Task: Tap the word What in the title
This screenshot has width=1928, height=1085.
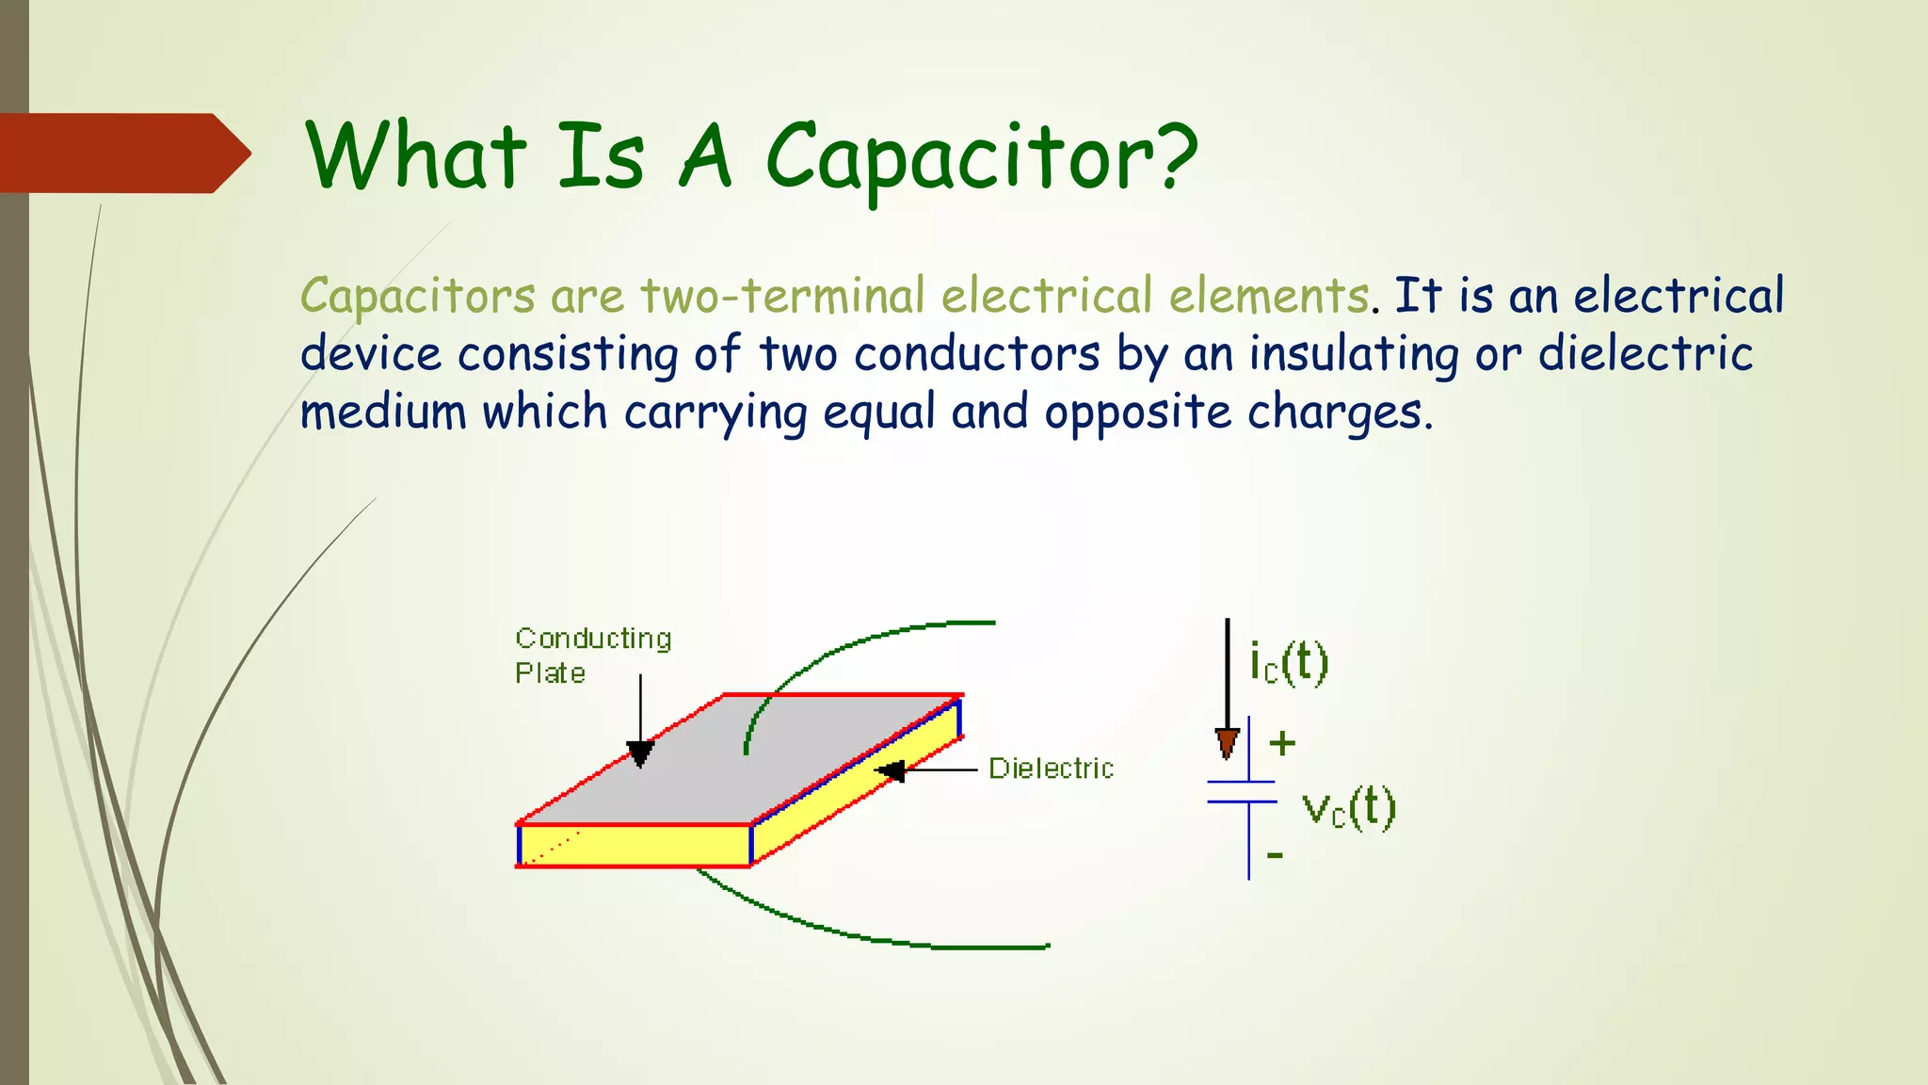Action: pos(415,155)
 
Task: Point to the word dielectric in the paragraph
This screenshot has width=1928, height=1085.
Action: pos(1645,354)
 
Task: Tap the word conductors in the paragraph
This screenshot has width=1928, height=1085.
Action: pos(977,354)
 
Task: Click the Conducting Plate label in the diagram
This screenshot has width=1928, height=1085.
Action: pos(592,656)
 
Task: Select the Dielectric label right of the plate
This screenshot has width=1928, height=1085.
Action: pos(1051,769)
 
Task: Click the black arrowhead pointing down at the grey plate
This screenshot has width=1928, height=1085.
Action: pos(640,753)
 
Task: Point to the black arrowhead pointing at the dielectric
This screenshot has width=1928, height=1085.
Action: pos(891,771)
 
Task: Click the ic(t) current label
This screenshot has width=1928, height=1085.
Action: pos(1288,662)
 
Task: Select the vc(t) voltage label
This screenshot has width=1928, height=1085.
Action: pos(1348,809)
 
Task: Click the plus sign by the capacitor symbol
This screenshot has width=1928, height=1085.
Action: pos(1281,744)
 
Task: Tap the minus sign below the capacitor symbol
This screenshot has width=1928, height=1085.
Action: pos(1275,855)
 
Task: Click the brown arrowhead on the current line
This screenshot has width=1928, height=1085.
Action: pos(1227,743)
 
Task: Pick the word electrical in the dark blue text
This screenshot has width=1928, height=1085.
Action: pos(1679,295)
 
